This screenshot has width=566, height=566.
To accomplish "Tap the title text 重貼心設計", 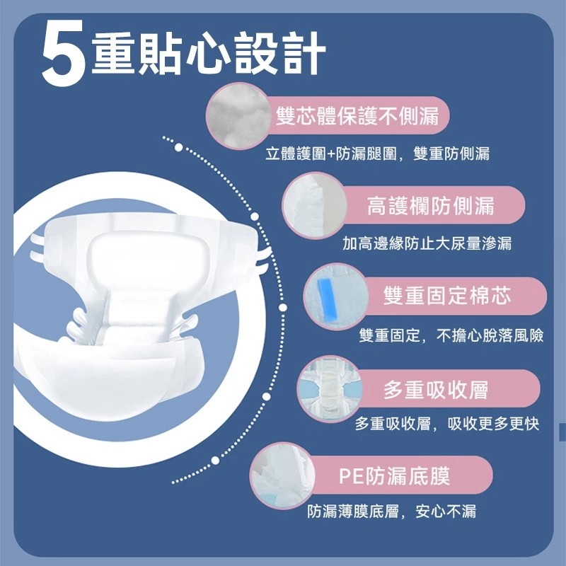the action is [209, 53].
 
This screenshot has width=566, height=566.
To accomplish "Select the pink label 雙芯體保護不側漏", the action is [357, 116].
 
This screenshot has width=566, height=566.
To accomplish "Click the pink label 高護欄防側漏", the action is [430, 206].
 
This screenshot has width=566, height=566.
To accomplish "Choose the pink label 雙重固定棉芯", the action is [447, 296].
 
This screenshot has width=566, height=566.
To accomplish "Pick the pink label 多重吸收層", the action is [436, 389].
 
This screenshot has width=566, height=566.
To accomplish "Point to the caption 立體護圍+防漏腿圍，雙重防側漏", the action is [378, 154].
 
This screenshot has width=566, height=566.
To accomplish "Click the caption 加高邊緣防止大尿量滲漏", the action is [427, 243].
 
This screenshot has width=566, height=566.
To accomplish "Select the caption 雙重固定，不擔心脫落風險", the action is [451, 335].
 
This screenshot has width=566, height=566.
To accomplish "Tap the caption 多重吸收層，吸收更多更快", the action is [447, 424].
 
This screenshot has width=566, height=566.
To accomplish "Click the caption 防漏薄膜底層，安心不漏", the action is [392, 512].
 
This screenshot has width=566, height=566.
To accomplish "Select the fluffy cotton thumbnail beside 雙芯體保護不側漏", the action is [239, 115].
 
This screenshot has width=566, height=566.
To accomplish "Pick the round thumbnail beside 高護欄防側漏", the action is [315, 206].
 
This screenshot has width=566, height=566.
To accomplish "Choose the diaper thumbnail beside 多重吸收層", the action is [330, 388].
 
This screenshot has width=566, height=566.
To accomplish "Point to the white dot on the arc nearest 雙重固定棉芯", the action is [283, 308].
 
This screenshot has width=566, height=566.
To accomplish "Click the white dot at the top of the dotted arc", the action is [179, 147].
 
